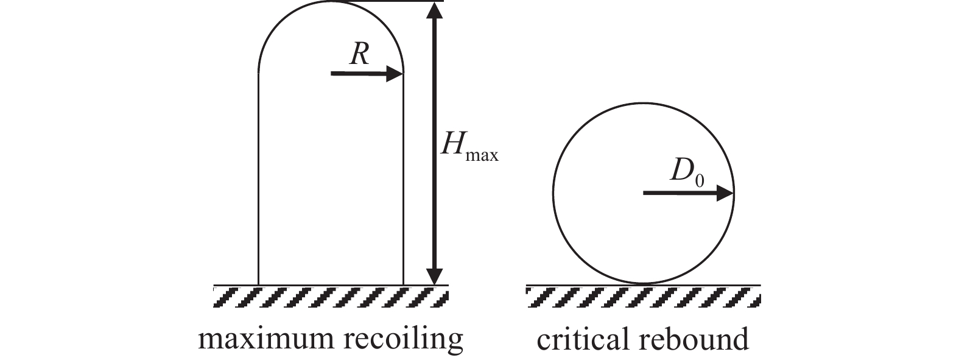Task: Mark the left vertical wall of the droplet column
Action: pyautogui.click(x=259, y=183)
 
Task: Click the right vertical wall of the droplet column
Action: pyautogui.click(x=403, y=183)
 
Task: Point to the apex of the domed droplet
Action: pyautogui.click(x=331, y=2)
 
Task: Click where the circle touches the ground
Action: pyautogui.click(x=643, y=284)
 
